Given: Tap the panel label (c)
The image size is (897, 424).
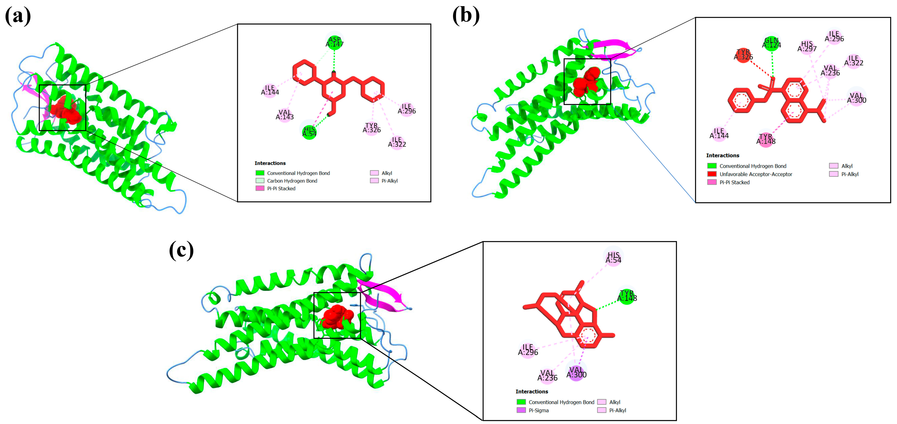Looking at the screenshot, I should pyautogui.click(x=181, y=250).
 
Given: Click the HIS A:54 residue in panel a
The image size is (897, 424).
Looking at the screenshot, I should pyautogui.click(x=309, y=132).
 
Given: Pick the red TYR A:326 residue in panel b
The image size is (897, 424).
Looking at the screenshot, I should pyautogui.click(x=743, y=55).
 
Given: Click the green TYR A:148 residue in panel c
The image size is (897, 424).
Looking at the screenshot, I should pyautogui.click(x=627, y=296).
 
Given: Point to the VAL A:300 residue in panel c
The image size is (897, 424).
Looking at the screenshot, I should pyautogui.click(x=576, y=372).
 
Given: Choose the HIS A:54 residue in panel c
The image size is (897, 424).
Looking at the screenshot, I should pyautogui.click(x=613, y=258).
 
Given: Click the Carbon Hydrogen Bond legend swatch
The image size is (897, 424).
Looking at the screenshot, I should pyautogui.click(x=260, y=181).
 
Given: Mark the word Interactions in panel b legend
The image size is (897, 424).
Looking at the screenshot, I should pyautogui.click(x=722, y=155).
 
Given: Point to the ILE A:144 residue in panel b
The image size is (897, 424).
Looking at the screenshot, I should pyautogui.click(x=719, y=133).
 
